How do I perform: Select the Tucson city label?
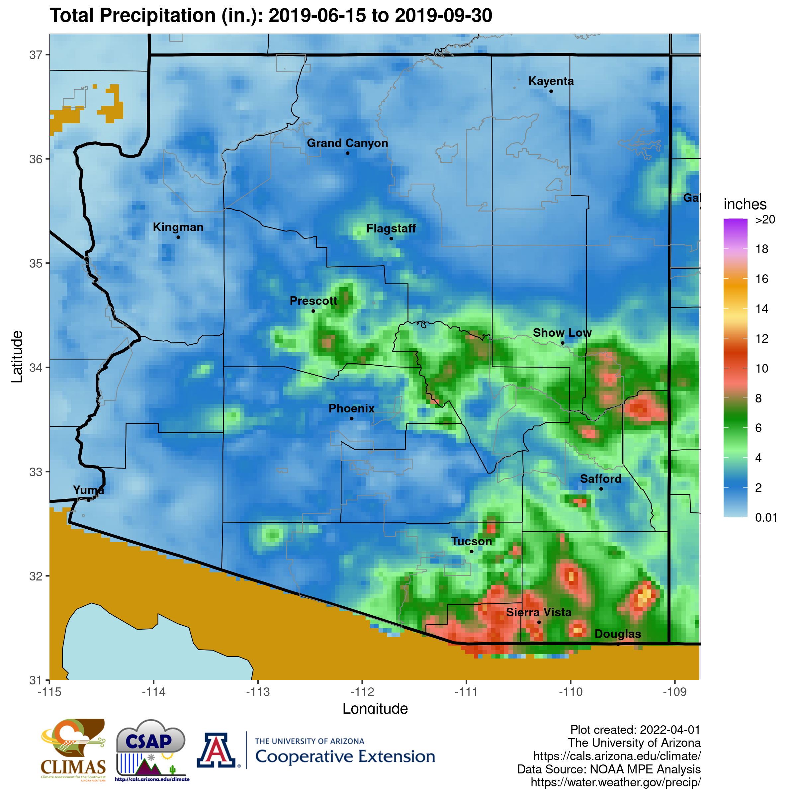click(x=471, y=541)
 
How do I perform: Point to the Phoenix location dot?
click(x=351, y=418)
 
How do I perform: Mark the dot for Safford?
click(x=601, y=489)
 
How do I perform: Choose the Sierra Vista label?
click(x=538, y=612)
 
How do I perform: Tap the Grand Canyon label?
click(x=347, y=143)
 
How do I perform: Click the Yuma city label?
click(x=89, y=490)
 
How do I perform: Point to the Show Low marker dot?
click(x=562, y=343)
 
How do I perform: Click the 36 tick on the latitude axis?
click(x=36, y=159)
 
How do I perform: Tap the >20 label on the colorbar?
click(x=765, y=220)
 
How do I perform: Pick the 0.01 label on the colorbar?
click(x=766, y=517)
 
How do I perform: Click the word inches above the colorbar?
click(x=745, y=204)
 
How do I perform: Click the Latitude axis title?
click(x=17, y=357)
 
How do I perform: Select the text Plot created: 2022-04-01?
click(x=635, y=730)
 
